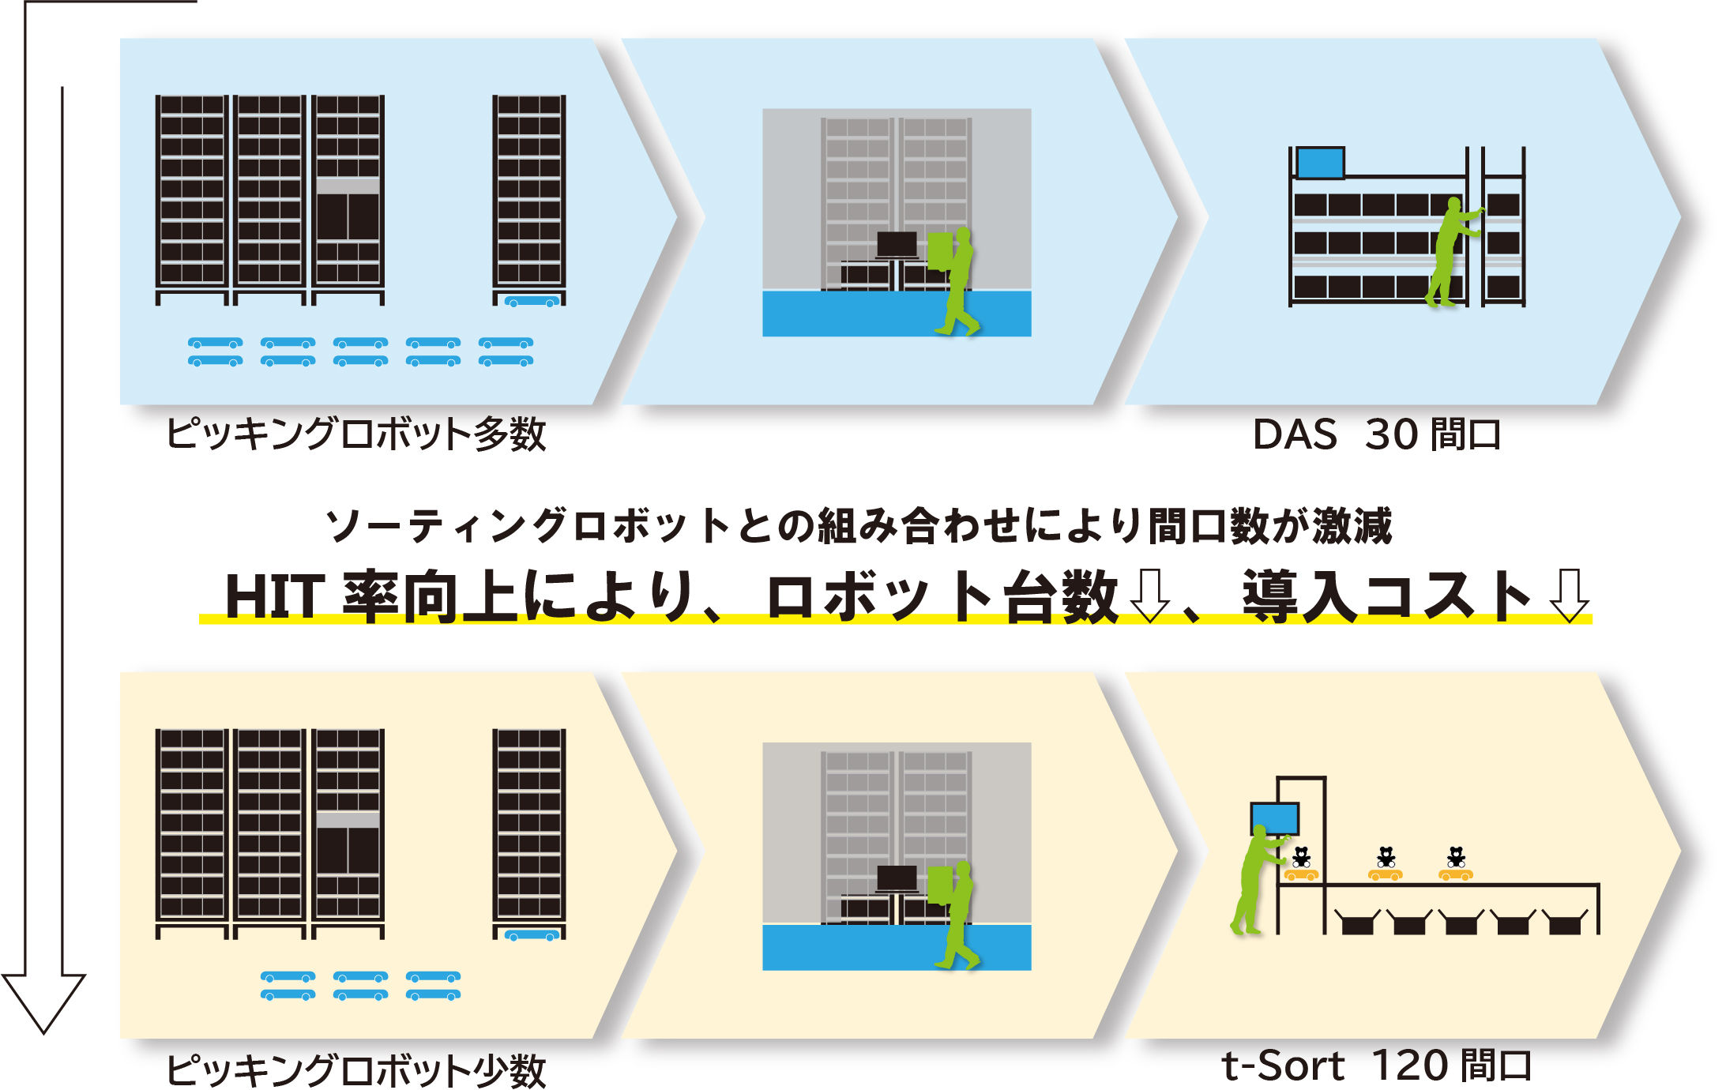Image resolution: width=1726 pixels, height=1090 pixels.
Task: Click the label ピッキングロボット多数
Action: (x=355, y=434)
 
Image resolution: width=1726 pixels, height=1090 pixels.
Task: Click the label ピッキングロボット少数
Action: (x=355, y=1070)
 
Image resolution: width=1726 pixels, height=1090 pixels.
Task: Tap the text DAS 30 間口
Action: (x=1377, y=434)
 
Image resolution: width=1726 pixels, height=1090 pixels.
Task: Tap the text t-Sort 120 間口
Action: (x=1376, y=1066)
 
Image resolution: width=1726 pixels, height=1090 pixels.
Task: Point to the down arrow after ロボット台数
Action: (x=1150, y=595)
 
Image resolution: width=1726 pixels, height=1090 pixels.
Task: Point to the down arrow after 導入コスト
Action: (x=1570, y=595)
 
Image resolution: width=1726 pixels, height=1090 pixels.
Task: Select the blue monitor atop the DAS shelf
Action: (x=1320, y=163)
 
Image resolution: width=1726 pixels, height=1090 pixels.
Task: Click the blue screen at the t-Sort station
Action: (x=1275, y=817)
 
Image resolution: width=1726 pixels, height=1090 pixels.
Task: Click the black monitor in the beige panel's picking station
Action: (x=897, y=878)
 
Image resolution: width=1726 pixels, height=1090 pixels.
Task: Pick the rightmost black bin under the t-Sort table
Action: (x=1565, y=923)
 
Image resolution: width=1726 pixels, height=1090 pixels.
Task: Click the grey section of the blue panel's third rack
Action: (x=348, y=186)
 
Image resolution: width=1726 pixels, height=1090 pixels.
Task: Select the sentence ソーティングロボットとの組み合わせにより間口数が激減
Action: (x=859, y=526)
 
